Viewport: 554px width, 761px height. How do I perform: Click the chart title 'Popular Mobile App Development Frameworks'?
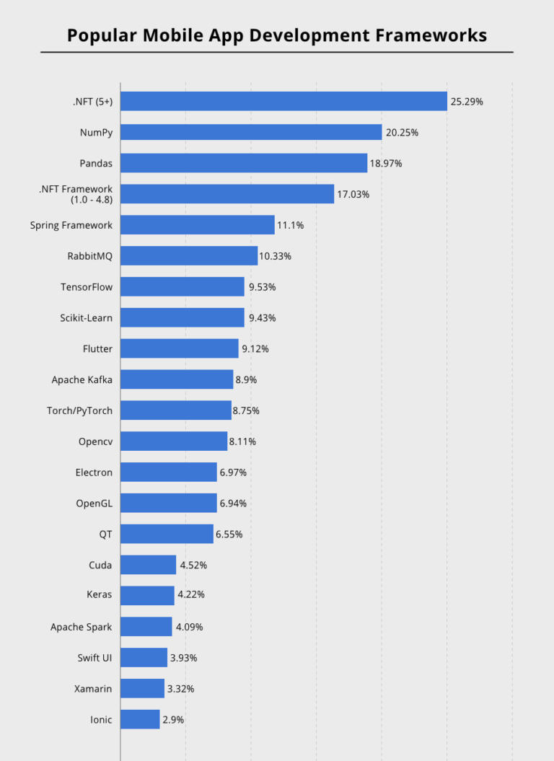coord(277,35)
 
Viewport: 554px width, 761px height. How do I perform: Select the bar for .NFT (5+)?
coord(283,102)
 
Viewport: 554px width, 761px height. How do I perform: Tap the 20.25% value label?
coord(402,133)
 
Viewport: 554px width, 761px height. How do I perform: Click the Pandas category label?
coord(96,163)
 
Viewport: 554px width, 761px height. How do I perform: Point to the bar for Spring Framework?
coord(197,225)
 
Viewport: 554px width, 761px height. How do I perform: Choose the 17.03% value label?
coord(353,194)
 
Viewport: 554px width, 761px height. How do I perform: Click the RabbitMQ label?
coord(89,256)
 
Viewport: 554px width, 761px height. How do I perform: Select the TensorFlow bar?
coord(182,287)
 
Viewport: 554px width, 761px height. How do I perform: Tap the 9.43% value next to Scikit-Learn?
coord(262,318)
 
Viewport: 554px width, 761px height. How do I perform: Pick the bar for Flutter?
coord(179,348)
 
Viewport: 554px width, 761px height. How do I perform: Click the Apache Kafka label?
coord(82,379)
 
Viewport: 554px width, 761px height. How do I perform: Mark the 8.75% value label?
coord(245,410)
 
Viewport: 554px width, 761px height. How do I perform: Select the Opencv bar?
coord(173,441)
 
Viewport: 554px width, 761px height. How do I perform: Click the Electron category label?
coord(94,472)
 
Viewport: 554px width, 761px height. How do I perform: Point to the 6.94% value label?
coord(233,503)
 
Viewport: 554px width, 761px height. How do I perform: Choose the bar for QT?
coord(167,534)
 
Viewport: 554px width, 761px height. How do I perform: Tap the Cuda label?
coord(100,565)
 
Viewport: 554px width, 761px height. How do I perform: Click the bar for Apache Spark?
coord(146,627)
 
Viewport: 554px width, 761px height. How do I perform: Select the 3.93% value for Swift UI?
coord(183,658)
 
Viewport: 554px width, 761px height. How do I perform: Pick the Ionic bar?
coord(139,719)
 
